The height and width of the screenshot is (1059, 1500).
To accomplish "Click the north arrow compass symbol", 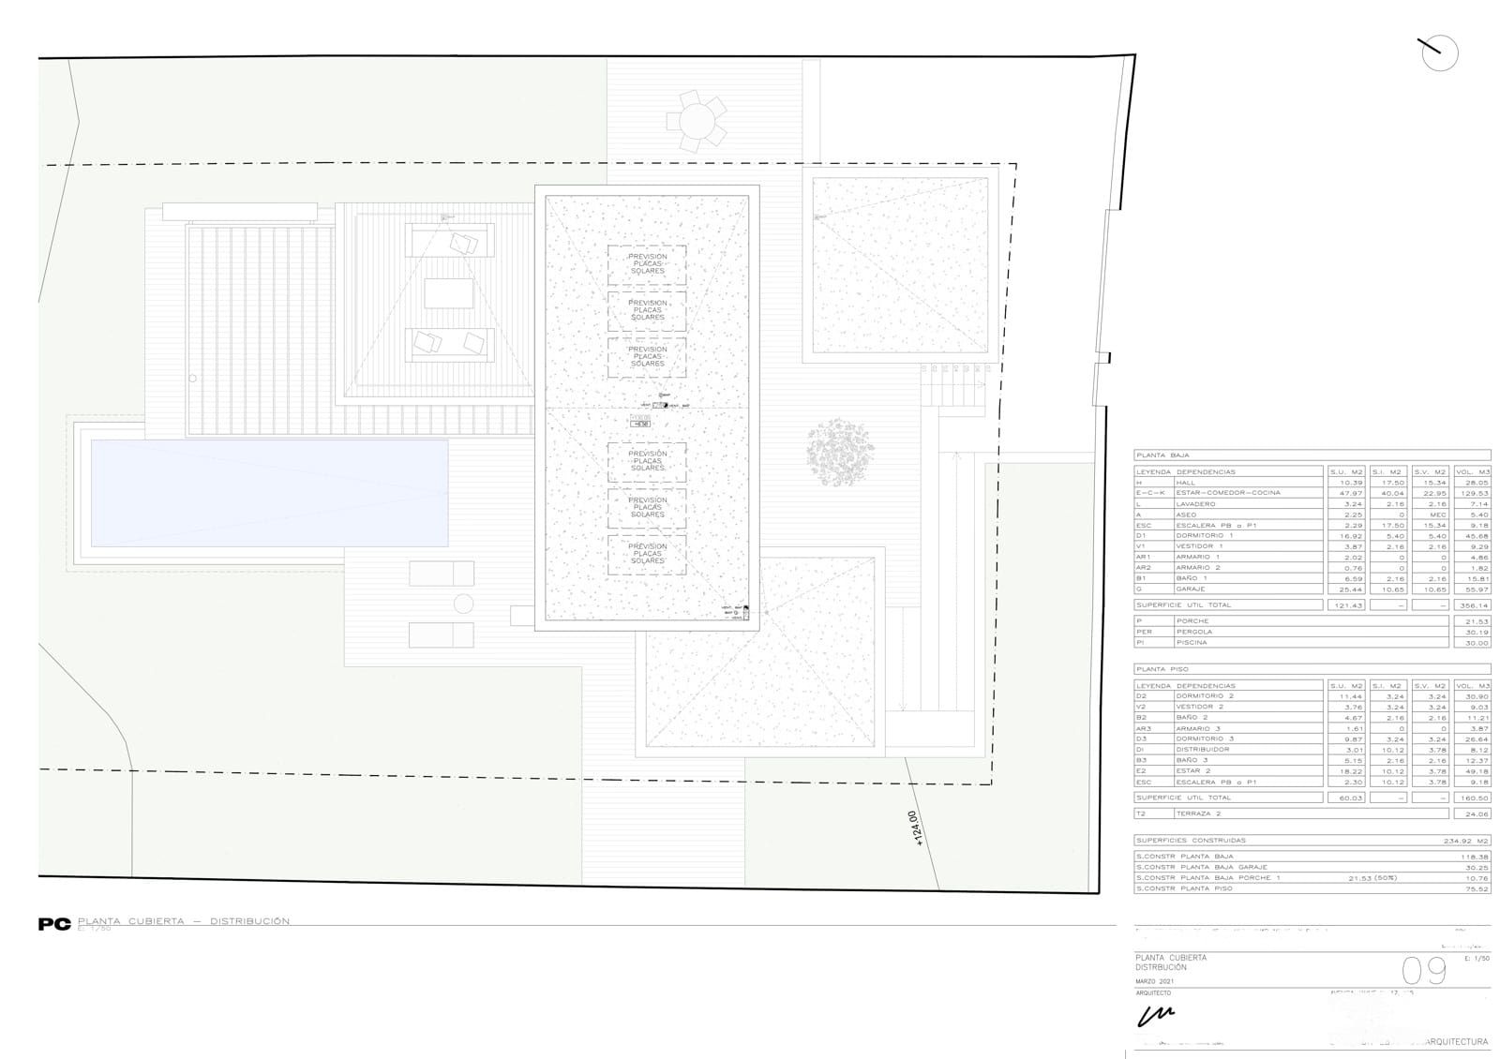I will coord(1439,53).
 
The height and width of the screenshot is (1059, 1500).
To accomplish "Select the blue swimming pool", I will coord(269,492).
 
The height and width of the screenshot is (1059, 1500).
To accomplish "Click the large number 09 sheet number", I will coord(1423,971).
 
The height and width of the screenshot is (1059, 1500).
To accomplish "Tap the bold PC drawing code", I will coord(54,924).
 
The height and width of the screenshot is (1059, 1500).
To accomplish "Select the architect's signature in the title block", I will coord(1155,1015).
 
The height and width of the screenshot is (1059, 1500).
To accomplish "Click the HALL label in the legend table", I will coord(1186,483).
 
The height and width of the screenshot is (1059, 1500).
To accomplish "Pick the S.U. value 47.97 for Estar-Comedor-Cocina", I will coord(1350,493).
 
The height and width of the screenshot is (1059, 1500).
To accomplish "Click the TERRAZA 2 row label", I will coord(1200,813).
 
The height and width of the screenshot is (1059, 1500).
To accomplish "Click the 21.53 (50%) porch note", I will coord(1372,878).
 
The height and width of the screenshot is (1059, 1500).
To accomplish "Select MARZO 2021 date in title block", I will coord(1154,981).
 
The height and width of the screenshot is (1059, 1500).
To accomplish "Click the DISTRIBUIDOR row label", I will coord(1203,750).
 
